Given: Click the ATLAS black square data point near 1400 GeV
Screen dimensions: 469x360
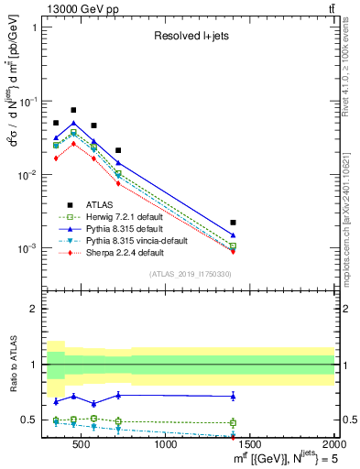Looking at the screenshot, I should tap(234, 223).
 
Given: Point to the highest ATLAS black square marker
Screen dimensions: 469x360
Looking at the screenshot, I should tap(73, 110).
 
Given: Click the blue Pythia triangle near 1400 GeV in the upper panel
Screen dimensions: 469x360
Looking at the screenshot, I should tap(234, 235).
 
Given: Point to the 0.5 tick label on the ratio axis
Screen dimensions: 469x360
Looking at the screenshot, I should tap(29, 420).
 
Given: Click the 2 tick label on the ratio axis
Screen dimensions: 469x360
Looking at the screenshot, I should tap(34, 309).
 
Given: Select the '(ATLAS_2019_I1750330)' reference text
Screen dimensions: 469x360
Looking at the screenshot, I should tap(190, 274).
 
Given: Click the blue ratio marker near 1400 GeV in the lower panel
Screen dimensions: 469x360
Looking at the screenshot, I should tap(234, 396).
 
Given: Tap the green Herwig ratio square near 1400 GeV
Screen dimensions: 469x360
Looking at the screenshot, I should tap(234, 422).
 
